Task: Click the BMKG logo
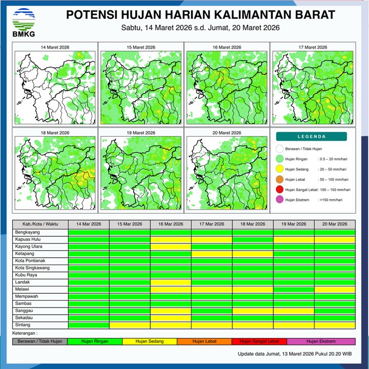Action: pyautogui.click(x=21, y=22)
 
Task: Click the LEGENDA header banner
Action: pyautogui.click(x=311, y=137)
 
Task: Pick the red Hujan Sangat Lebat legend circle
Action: pyautogui.click(x=280, y=190)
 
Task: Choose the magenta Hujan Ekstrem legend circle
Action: pyautogui.click(x=280, y=200)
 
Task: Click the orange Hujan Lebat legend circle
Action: pyautogui.click(x=280, y=179)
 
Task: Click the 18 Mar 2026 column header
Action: pyautogui.click(x=253, y=224)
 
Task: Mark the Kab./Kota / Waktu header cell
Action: pyautogui.click(x=40, y=224)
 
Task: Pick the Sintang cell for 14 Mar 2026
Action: pyautogui.click(x=89, y=324)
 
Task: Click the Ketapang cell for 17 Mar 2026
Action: pyautogui.click(x=212, y=254)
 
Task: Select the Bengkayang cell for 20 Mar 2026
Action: pyautogui.click(x=335, y=232)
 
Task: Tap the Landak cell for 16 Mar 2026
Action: pyautogui.click(x=171, y=282)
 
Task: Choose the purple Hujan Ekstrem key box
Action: pyautogui.click(x=320, y=341)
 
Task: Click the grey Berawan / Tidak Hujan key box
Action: pyautogui.click(x=40, y=341)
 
